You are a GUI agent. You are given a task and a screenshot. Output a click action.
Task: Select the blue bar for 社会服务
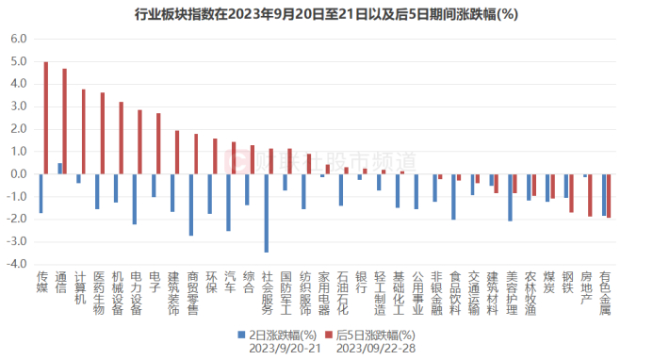[267, 213]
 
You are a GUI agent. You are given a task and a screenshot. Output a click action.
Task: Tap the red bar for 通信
[65, 122]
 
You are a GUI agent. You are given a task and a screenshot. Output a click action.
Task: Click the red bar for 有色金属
[609, 196]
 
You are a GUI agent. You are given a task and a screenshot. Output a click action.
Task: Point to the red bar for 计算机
[83, 132]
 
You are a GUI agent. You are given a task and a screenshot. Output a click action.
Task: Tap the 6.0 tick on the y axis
[18, 39]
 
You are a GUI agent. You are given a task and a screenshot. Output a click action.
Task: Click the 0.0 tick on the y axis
[18, 174]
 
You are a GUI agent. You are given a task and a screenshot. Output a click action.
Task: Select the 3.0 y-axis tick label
[18, 106]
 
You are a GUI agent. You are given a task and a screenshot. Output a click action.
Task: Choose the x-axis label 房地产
[586, 287]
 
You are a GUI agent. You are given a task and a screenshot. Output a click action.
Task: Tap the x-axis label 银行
[362, 283]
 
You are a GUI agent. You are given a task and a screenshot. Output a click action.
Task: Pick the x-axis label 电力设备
[138, 292]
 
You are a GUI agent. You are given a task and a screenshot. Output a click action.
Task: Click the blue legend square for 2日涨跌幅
[241, 335]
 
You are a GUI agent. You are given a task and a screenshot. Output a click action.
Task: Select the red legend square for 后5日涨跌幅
[329, 335]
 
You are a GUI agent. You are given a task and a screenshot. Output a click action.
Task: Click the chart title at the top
[326, 12]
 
